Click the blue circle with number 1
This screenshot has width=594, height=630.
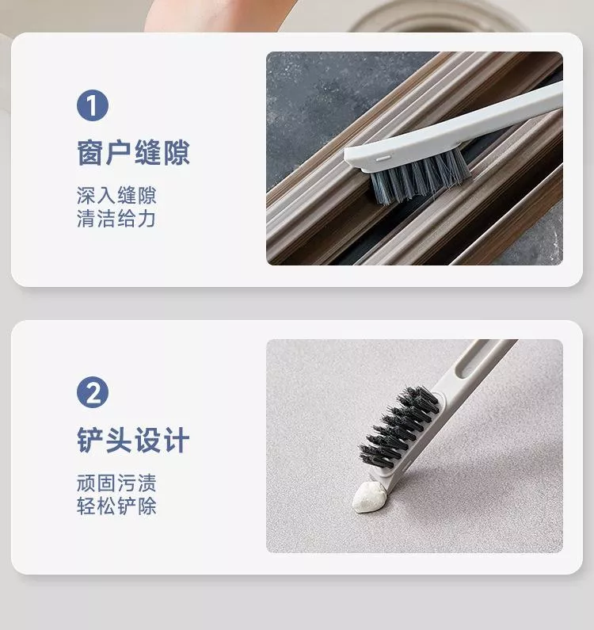(93, 105)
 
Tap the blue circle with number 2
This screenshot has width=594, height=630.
(93, 392)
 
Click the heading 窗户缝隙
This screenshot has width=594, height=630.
(133, 153)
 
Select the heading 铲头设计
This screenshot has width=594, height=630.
(133, 440)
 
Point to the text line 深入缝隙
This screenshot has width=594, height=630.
(116, 196)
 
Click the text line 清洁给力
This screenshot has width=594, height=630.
(116, 219)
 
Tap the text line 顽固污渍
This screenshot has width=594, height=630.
(116, 483)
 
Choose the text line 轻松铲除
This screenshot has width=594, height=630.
(116, 506)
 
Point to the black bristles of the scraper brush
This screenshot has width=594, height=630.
(399, 428)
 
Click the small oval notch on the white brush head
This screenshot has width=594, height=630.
(382, 158)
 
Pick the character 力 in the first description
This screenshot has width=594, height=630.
(147, 219)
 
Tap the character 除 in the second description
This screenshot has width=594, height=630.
(147, 506)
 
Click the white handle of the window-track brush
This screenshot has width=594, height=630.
(454, 128)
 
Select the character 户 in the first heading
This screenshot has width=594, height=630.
(119, 153)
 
